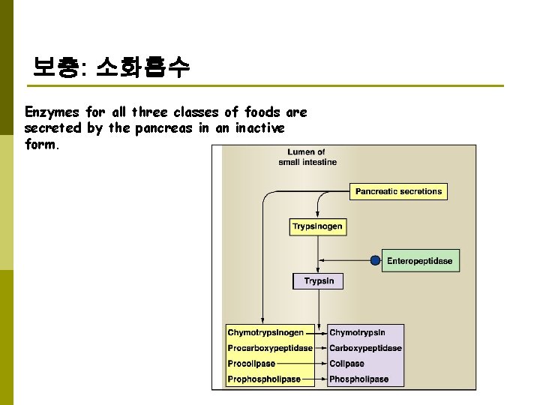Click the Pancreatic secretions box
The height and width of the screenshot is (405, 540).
click(398, 191)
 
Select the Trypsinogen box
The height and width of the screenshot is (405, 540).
click(317, 226)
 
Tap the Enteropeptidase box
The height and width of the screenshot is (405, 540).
click(419, 261)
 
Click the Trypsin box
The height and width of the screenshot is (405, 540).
click(319, 281)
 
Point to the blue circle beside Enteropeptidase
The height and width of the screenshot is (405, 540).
click(375, 261)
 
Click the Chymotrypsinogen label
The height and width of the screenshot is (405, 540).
click(265, 332)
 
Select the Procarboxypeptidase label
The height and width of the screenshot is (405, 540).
click(270, 348)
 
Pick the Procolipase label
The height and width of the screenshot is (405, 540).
click(251, 364)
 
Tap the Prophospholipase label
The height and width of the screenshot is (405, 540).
click(264, 379)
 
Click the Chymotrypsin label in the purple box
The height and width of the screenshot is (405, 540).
click(357, 332)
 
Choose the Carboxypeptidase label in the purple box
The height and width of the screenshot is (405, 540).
click(365, 348)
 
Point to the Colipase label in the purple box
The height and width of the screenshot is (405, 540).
click(346, 364)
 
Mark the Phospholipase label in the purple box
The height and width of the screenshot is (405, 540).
click(358, 379)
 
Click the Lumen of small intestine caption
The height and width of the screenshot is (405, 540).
click(307, 157)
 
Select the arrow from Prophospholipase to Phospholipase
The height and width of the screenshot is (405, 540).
click(314, 379)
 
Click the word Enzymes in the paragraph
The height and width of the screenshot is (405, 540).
click(52, 112)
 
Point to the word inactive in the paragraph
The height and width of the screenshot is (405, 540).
click(260, 128)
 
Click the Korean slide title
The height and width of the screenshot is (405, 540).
click(112, 70)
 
